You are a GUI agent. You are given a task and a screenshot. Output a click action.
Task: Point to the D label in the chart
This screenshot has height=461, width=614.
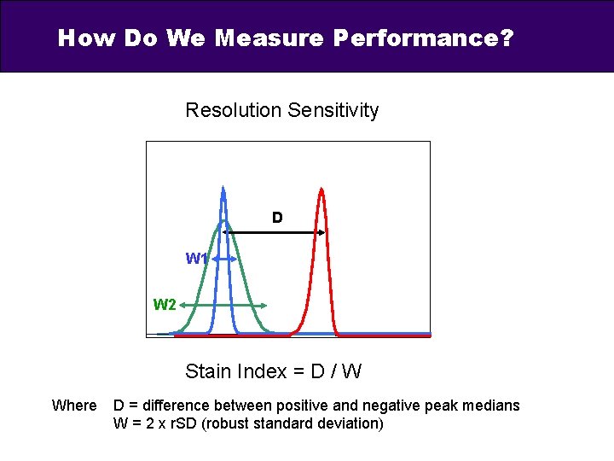click(x=277, y=219)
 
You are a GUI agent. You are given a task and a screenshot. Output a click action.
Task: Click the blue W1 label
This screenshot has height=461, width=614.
click(x=195, y=259)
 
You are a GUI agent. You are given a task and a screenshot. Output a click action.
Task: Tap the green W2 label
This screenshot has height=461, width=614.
click(x=165, y=305)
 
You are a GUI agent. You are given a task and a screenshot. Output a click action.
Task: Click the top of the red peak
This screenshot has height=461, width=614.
click(x=321, y=190)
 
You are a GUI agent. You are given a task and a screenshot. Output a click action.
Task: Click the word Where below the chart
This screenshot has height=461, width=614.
click(x=74, y=406)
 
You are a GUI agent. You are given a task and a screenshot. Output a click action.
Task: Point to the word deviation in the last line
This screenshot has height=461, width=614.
click(x=348, y=423)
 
